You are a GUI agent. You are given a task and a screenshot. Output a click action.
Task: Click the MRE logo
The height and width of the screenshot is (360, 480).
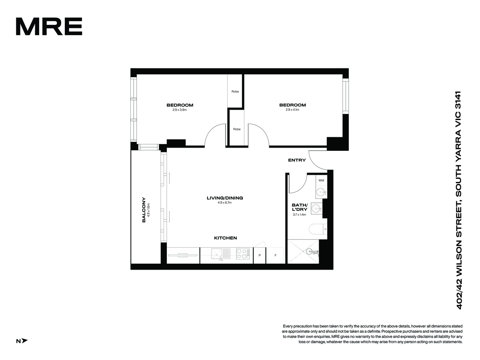click(49, 26)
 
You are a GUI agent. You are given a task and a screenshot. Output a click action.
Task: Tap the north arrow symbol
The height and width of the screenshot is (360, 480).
click(25, 341)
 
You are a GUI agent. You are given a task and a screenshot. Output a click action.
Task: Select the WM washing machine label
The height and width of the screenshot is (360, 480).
click(321, 180)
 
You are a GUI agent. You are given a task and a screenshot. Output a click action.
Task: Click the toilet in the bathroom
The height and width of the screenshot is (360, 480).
click(318, 229)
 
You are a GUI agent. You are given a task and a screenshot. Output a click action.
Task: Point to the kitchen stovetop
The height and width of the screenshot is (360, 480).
click(243, 254)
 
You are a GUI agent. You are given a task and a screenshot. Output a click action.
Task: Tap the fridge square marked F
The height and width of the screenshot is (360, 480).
click(275, 255)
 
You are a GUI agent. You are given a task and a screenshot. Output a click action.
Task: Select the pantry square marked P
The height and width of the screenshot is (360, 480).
click(260, 255)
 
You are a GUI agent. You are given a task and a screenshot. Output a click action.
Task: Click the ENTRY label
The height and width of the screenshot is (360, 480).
click(297, 160)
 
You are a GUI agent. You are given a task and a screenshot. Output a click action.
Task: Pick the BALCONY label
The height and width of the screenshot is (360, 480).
click(144, 210)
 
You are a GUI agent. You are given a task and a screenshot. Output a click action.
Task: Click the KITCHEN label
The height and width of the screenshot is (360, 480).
click(225, 238)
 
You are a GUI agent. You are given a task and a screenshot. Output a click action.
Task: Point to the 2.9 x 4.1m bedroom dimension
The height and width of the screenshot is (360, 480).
click(292, 110)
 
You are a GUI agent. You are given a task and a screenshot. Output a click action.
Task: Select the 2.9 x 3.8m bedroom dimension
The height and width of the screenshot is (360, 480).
click(180, 110)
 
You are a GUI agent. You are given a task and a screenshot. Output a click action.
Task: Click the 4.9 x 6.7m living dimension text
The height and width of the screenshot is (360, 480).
click(224, 203)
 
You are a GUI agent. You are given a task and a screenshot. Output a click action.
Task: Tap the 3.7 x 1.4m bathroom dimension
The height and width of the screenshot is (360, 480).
click(299, 215)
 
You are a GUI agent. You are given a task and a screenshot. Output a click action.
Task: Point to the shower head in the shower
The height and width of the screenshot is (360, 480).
click(310, 252)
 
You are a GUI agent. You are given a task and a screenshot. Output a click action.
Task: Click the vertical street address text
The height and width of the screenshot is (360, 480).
click(459, 200)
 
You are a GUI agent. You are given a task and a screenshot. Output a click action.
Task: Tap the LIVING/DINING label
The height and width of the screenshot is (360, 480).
click(225, 198)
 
